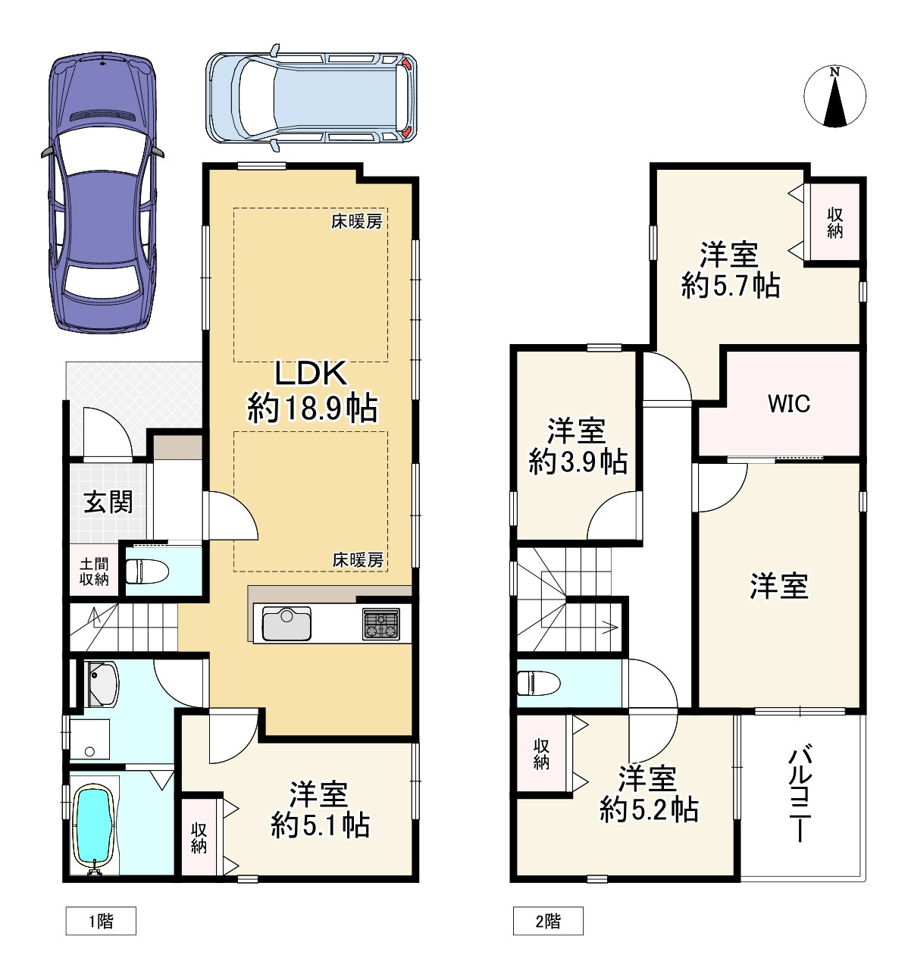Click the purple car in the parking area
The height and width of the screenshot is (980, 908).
coord(102,193)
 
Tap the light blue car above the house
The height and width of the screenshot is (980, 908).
coord(312,99)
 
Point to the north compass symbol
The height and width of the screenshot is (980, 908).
coord(834,97)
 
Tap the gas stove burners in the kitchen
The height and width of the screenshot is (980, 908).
coord(381,625)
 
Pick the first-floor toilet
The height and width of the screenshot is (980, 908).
coord(147,571)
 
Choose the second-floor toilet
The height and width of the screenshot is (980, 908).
coord(538,683)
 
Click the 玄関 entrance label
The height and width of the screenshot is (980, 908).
coord(108,503)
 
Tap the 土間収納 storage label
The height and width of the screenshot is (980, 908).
coord(94,571)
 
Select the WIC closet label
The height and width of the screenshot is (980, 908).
coord(788,404)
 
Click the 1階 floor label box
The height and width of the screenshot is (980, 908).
coord(101,921)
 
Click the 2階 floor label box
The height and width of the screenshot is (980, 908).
coord(548,921)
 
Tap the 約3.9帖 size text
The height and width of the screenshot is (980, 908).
coord(578,462)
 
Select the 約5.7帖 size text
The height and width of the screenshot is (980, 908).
coord(731,285)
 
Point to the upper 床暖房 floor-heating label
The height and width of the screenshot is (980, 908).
coord(356,222)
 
